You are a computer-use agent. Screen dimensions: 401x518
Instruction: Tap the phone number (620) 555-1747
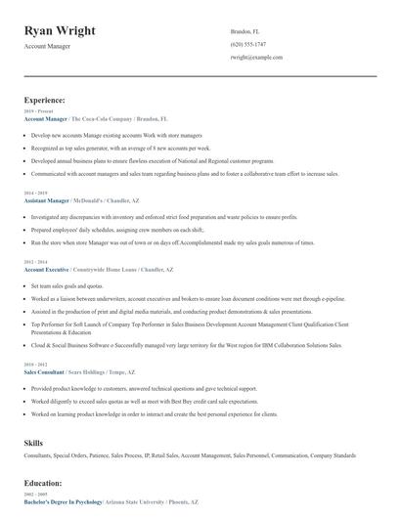click(x=249, y=45)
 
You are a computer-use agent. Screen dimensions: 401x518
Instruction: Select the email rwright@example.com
click(x=256, y=58)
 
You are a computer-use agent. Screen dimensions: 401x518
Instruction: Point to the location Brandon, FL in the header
click(x=245, y=32)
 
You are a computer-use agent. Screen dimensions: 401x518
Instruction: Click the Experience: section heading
click(x=45, y=100)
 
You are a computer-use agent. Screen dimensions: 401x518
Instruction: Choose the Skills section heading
click(x=34, y=443)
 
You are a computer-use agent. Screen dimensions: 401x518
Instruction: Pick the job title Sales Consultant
click(x=44, y=371)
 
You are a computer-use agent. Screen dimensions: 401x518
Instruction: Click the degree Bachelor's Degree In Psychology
click(x=63, y=500)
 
